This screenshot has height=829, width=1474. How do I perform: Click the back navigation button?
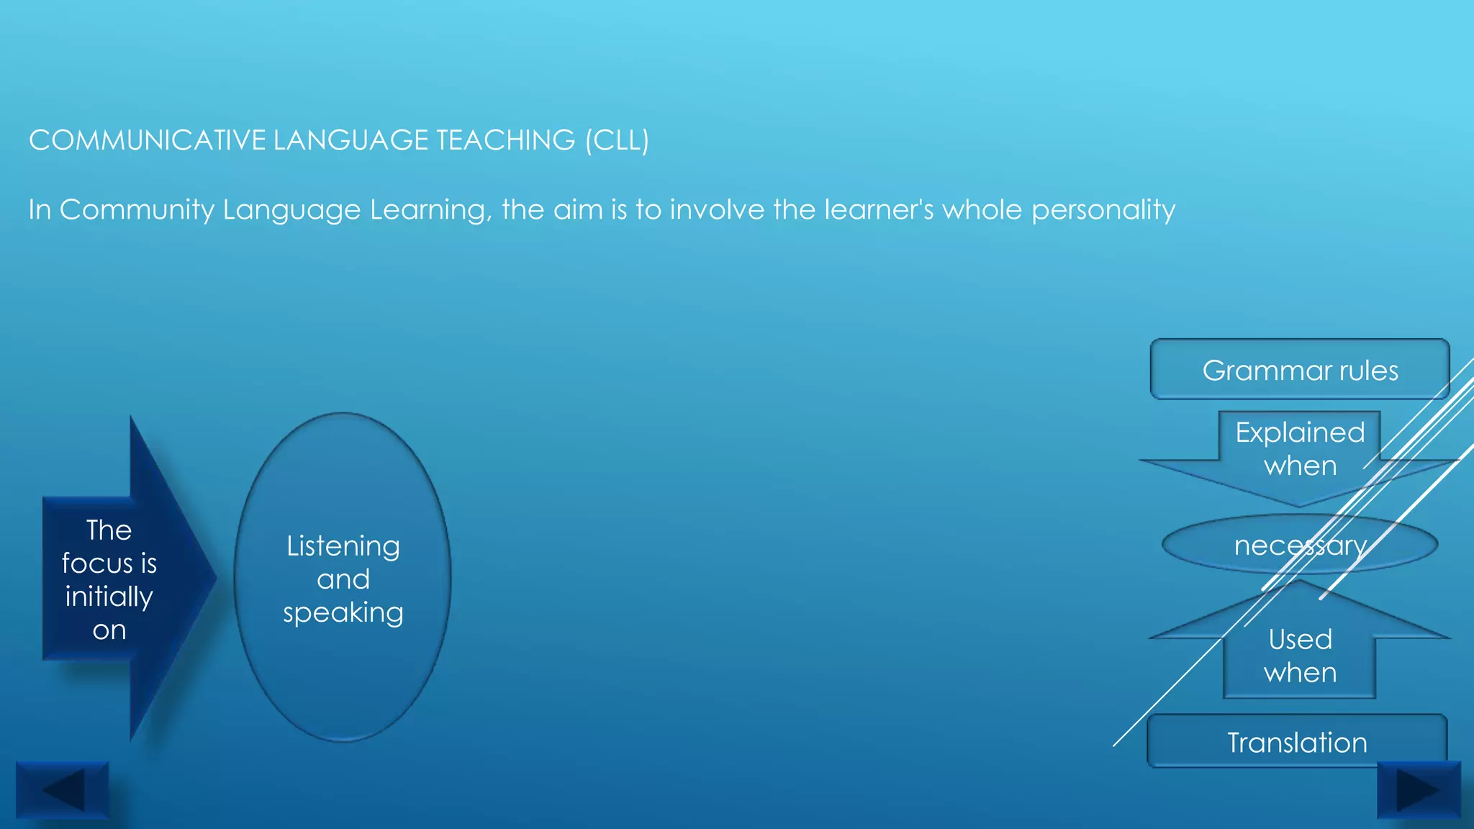pyautogui.click(x=63, y=789)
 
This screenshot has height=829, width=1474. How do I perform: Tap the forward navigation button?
pyautogui.click(x=1419, y=789)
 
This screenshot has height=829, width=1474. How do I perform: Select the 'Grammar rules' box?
pyautogui.click(x=1299, y=370)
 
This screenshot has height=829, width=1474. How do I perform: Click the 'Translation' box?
pyautogui.click(x=1297, y=742)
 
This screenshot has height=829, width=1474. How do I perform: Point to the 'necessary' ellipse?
pyautogui.click(x=1300, y=545)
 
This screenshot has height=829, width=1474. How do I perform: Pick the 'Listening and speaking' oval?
pyautogui.click(x=343, y=578)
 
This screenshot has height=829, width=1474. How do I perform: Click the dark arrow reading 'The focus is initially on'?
pyautogui.click(x=115, y=579)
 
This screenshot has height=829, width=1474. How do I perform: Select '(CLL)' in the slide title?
pyautogui.click(x=617, y=140)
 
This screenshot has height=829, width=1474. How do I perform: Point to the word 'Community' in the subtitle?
pyautogui.click(x=137, y=210)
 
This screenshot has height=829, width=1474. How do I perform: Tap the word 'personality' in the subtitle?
pyautogui.click(x=1103, y=210)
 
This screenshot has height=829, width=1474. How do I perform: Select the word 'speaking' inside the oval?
pyautogui.click(x=343, y=612)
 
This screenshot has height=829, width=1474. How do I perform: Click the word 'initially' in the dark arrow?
pyautogui.click(x=109, y=597)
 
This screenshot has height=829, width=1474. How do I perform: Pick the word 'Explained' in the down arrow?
pyautogui.click(x=1300, y=432)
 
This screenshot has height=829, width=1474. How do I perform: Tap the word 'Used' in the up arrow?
pyautogui.click(x=1300, y=639)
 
